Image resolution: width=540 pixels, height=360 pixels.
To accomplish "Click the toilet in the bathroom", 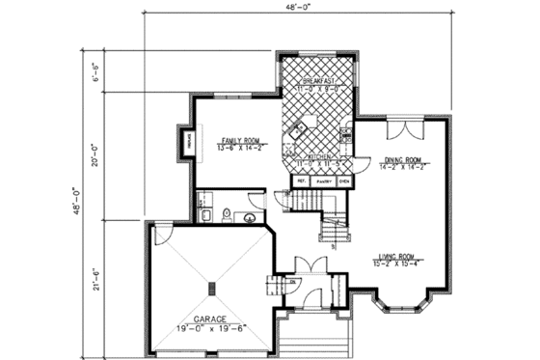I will (x=224, y=214).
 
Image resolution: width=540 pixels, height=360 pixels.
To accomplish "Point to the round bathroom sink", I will (x=251, y=218).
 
